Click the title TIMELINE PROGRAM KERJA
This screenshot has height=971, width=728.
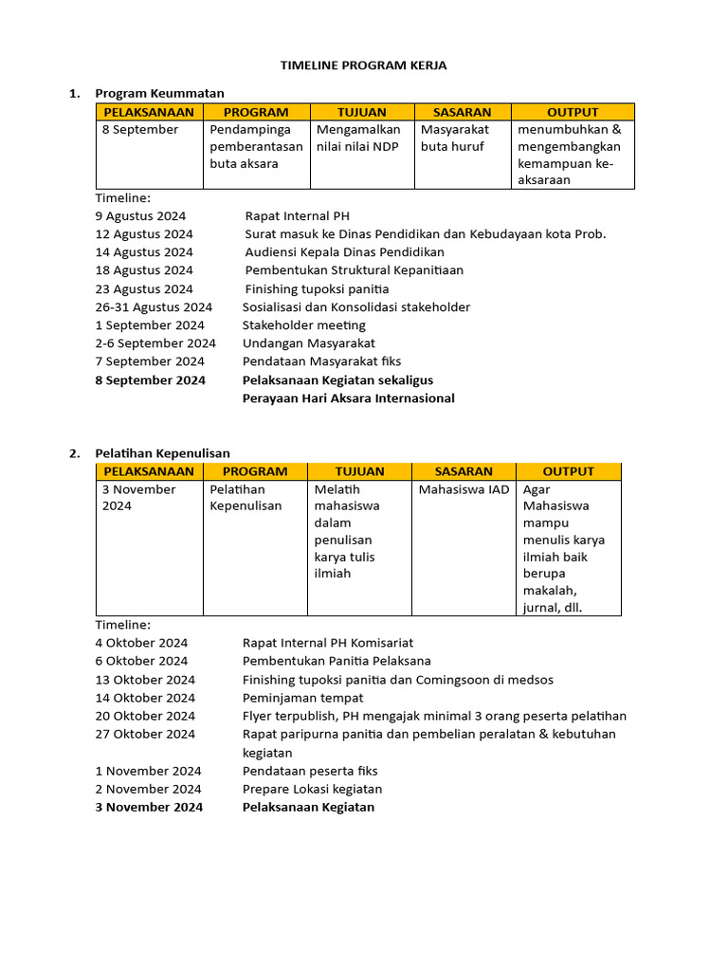pos(363,65)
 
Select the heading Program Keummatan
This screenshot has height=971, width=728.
pos(159,93)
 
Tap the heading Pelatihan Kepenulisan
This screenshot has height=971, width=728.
pos(162,453)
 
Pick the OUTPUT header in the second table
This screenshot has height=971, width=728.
pos(568,471)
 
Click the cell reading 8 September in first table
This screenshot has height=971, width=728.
pos(140,130)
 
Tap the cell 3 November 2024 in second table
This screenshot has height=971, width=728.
pos(139,498)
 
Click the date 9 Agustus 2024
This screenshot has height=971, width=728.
pos(140,216)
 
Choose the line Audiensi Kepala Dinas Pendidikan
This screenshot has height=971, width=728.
pos(344,252)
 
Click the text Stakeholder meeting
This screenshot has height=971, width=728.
pos(303,325)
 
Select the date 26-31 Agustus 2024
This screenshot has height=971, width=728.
pos(154,307)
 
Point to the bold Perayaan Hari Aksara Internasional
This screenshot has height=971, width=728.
pos(348,398)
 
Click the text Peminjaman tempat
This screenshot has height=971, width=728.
pos(302,698)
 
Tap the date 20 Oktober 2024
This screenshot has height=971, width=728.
pos(145,716)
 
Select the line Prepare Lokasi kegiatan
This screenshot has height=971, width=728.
pos(312,789)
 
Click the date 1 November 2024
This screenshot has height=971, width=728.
pos(148,771)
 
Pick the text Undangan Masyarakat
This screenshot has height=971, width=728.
pos(308,343)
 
